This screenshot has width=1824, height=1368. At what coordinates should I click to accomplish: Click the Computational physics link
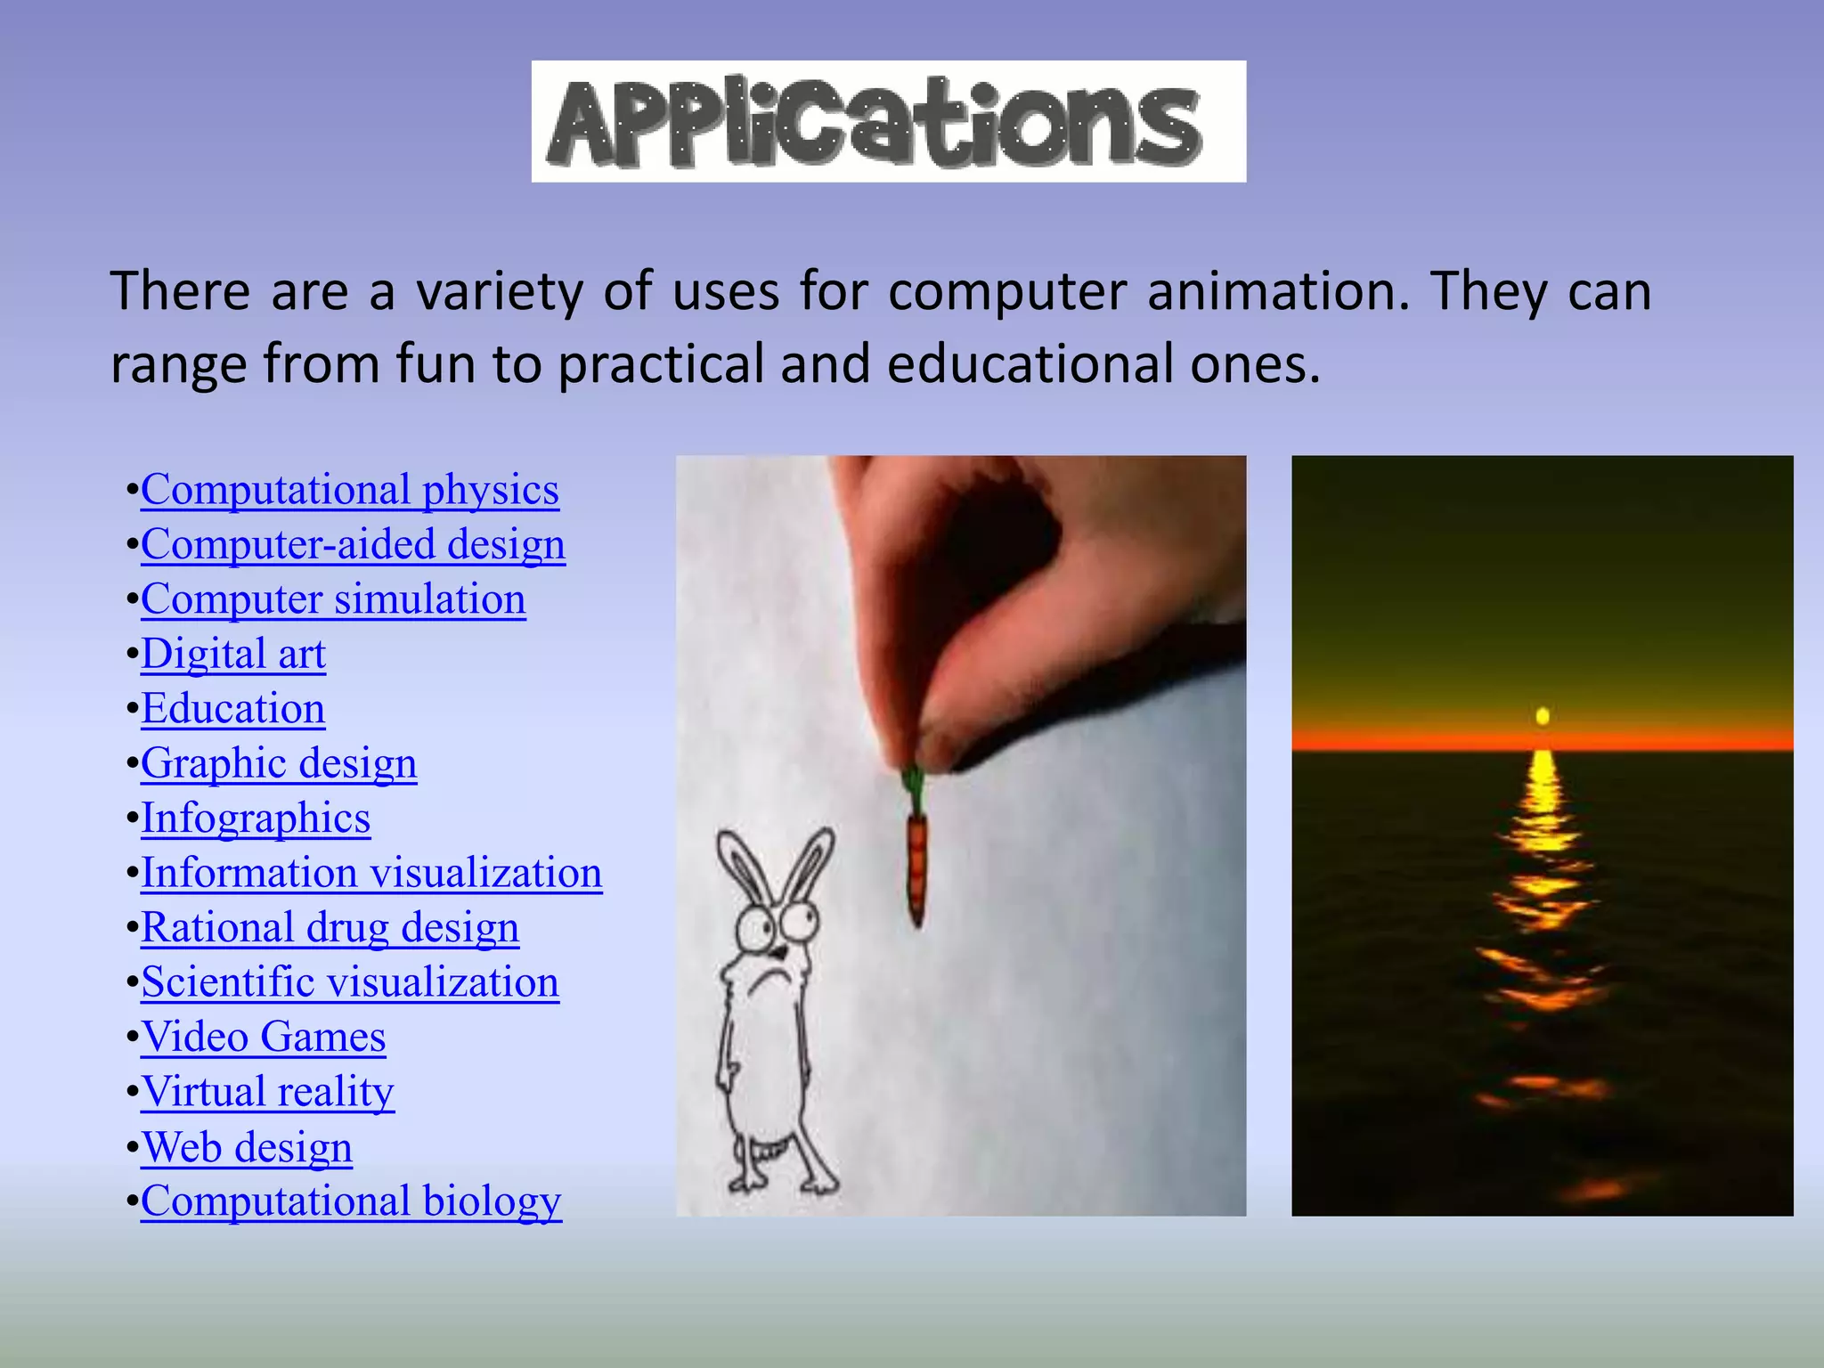(350, 490)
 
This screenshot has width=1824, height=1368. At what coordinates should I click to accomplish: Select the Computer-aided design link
(353, 544)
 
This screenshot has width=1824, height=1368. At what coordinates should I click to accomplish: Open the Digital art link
(233, 654)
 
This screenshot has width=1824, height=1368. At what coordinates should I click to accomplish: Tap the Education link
(233, 709)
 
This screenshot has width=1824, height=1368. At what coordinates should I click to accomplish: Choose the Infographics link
(256, 818)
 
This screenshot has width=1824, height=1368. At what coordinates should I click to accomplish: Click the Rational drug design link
(330, 928)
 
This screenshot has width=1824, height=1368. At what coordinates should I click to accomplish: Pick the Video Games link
(264, 1038)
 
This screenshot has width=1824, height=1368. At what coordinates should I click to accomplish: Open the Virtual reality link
(267, 1092)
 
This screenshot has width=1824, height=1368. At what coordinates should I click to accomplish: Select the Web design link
(247, 1147)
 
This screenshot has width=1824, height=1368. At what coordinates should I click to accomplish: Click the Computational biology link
(351, 1201)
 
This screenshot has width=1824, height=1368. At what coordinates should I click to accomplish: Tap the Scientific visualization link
(350, 982)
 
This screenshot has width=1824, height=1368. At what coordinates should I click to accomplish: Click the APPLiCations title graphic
(888, 122)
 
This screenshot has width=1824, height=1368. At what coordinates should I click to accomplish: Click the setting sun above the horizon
(1543, 716)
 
